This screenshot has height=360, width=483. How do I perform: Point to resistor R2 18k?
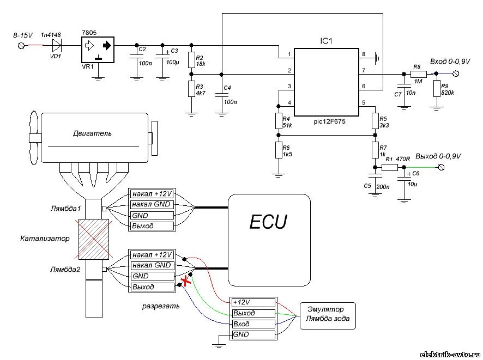191,60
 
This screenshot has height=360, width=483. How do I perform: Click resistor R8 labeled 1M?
419,74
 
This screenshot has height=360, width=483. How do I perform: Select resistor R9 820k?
436,89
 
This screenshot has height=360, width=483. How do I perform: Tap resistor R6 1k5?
278,151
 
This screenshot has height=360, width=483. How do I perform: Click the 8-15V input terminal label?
22,35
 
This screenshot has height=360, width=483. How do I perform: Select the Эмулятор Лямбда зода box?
327,316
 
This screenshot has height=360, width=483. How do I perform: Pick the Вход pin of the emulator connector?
251,324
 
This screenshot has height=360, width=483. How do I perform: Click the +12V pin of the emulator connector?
251,302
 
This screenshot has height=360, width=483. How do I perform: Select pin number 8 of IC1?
364,53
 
